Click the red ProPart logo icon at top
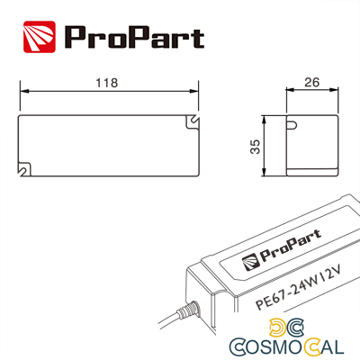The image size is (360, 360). point(40,36)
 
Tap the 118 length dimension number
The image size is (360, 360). point(107,83)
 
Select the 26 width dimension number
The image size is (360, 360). point(312,83)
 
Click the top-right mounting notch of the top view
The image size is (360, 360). point(193,121)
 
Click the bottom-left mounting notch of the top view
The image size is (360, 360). point(23,168)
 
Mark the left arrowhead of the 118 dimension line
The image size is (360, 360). point(22,92)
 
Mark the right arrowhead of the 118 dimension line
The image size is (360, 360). point(194,92)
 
